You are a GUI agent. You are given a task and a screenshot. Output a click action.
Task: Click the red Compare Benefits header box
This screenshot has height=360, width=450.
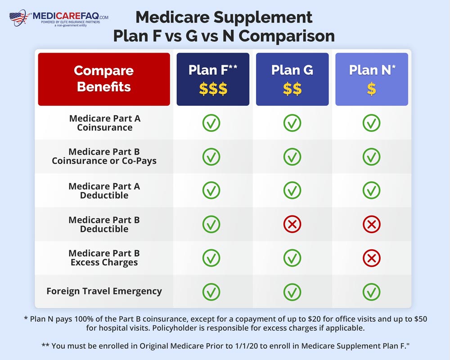(x=104, y=79)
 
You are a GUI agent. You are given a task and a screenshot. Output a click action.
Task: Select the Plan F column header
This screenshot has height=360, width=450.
(x=213, y=79)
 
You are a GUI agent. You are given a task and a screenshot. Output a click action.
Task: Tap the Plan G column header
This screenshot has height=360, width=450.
(x=292, y=79)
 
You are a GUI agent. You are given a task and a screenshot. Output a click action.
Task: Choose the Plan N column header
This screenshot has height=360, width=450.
(x=371, y=79)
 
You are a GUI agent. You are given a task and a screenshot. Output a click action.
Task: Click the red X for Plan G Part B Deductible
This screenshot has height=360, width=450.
(x=292, y=224)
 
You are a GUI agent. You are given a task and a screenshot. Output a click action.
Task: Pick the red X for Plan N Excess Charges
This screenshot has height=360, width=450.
(x=371, y=258)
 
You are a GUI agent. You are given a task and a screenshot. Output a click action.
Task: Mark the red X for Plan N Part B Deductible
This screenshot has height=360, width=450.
(x=371, y=224)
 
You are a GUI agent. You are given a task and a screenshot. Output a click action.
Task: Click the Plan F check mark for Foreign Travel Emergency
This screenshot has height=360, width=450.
(x=211, y=292)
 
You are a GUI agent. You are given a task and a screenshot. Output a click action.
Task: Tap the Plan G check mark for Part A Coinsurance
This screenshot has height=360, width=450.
(x=292, y=123)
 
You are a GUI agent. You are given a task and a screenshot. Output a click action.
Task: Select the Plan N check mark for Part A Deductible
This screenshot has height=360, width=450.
(x=371, y=190)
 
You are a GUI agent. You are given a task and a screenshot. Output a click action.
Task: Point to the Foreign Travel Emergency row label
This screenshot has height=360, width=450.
(x=104, y=291)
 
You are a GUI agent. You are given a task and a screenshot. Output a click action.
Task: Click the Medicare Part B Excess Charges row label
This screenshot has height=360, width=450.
(x=104, y=258)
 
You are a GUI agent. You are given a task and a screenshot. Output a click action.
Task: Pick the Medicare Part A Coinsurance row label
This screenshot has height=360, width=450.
(x=104, y=123)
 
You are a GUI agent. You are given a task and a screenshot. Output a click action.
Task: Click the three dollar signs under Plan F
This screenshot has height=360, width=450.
(x=213, y=89)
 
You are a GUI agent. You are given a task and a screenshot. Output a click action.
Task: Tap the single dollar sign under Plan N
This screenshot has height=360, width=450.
(x=371, y=89)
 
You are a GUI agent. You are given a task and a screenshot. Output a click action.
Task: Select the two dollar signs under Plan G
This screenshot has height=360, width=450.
(x=292, y=89)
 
